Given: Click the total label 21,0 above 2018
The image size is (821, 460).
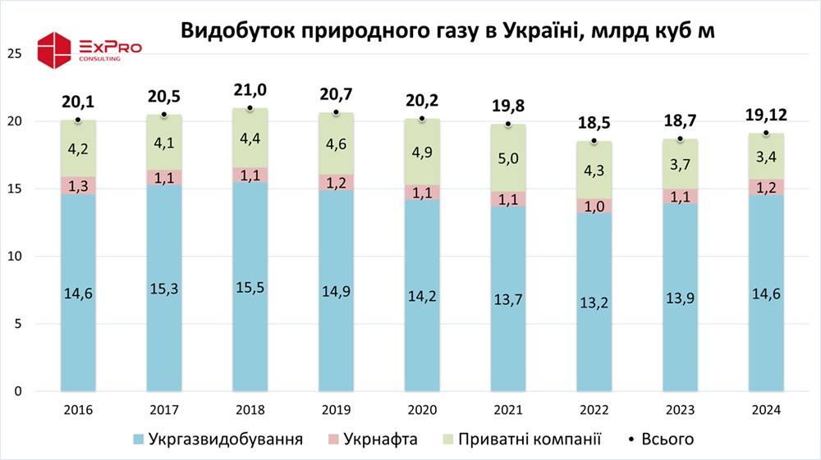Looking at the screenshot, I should [x=250, y=90].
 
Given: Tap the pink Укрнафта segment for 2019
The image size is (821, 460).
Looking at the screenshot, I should [x=336, y=182].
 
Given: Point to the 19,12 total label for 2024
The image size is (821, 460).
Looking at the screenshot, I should [x=765, y=116].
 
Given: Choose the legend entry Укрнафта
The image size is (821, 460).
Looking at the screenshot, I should [x=373, y=440].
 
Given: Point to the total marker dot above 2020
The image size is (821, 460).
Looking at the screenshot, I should [x=421, y=119].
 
